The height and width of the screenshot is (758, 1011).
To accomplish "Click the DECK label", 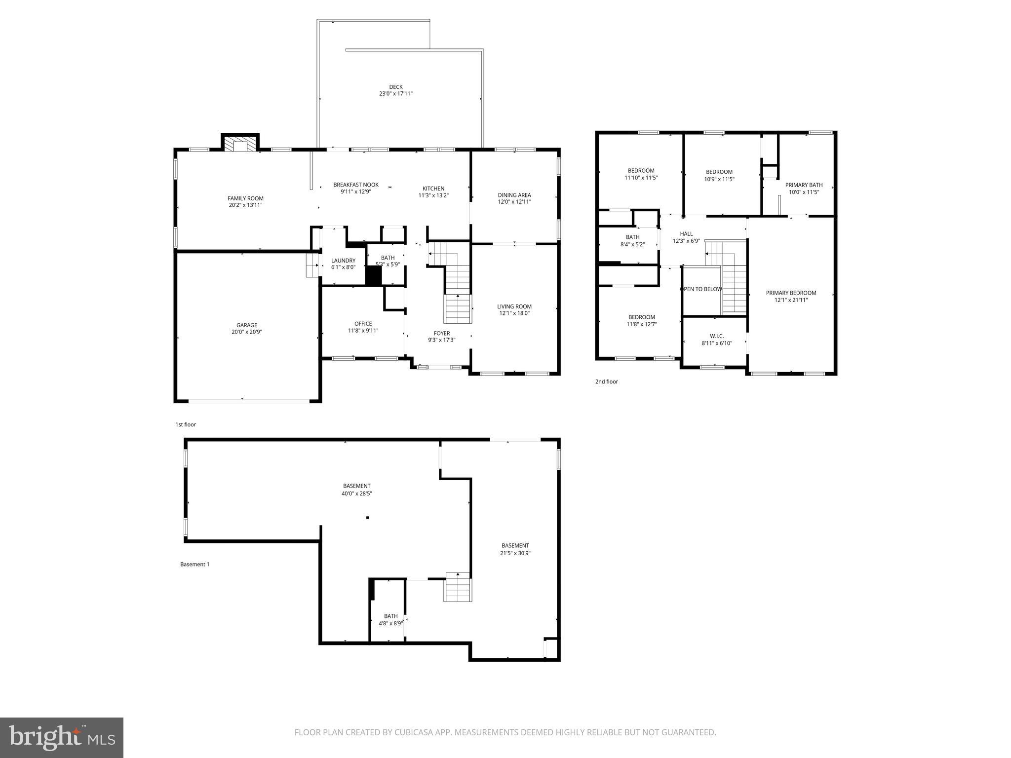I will [395, 87].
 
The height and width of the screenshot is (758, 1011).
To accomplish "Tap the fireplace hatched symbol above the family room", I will [240, 144].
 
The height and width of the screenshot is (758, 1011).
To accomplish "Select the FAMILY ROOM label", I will [245, 198].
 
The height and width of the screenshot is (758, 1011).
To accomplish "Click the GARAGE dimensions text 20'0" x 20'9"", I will [246, 332].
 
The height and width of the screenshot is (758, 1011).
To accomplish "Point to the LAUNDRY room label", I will [343, 261].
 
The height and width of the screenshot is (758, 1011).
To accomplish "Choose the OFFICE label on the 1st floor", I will [363, 324].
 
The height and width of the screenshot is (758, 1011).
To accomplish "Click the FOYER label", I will [441, 333].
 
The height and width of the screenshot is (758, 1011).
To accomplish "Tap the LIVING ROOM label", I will [514, 306].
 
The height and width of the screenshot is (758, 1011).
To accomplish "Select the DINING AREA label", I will [514, 195].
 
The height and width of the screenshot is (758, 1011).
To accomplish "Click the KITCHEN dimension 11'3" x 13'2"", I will [433, 195].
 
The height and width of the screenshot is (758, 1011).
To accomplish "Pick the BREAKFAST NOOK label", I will [355, 185].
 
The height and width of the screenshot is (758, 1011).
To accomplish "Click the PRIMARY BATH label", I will [804, 185].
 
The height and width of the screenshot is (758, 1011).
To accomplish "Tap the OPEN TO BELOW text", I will [701, 289].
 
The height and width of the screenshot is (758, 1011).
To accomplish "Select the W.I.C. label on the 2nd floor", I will [716, 336].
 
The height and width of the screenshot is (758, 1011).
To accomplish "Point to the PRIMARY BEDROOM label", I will [791, 293].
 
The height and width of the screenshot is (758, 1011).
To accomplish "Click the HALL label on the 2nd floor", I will [686, 234].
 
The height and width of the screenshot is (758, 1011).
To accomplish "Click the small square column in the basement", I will [367, 518].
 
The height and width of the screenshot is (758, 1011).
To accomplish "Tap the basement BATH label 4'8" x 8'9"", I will [390, 619].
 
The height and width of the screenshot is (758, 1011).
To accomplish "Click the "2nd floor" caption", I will [606, 381].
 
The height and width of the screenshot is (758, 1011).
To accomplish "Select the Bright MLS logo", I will [62, 737].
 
